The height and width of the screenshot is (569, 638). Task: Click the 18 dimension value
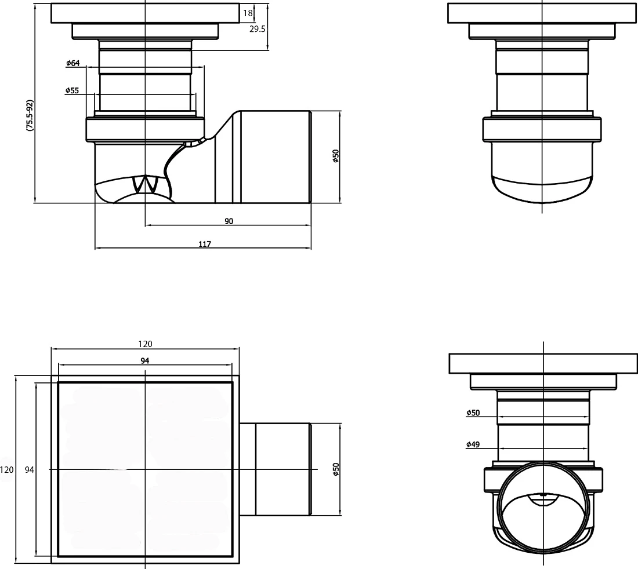[248, 13]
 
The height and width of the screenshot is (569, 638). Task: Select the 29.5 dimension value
[257, 29]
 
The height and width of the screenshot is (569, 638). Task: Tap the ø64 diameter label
[73, 63]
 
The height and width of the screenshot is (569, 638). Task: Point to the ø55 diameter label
[72, 90]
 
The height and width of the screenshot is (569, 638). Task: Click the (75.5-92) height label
[30, 115]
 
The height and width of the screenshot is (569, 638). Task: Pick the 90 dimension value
[229, 221]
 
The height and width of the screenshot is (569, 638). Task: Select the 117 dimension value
[205, 244]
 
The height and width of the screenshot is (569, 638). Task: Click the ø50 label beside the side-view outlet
[336, 156]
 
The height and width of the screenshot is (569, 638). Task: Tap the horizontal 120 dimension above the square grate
[145, 344]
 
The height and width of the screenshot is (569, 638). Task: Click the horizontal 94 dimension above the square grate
[145, 360]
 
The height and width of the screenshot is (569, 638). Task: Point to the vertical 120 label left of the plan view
[7, 470]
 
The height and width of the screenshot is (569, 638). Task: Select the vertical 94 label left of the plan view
[30, 470]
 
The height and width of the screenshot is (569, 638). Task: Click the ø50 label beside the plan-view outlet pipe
[336, 469]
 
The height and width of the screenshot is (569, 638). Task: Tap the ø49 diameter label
[473, 444]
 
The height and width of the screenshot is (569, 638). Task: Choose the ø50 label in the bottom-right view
[473, 413]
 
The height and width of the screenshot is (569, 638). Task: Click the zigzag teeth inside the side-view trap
[145, 184]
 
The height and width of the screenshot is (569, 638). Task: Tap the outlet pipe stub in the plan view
[275, 469]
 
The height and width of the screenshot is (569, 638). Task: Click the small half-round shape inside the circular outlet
[543, 498]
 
